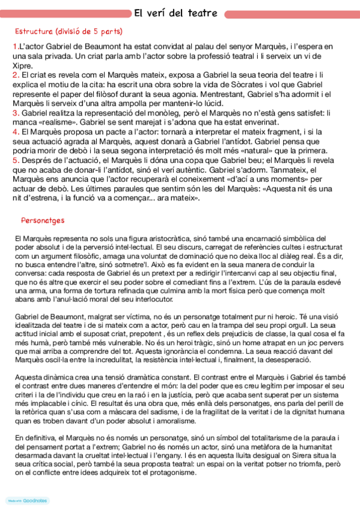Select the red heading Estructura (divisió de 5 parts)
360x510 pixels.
point(68,31)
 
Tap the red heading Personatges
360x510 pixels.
point(43,220)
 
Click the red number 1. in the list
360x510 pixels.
point(16,46)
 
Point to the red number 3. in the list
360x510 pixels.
point(16,112)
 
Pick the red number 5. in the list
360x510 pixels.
point(16,161)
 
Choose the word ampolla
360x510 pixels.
point(126,103)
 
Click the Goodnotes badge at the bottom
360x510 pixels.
point(28,500)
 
